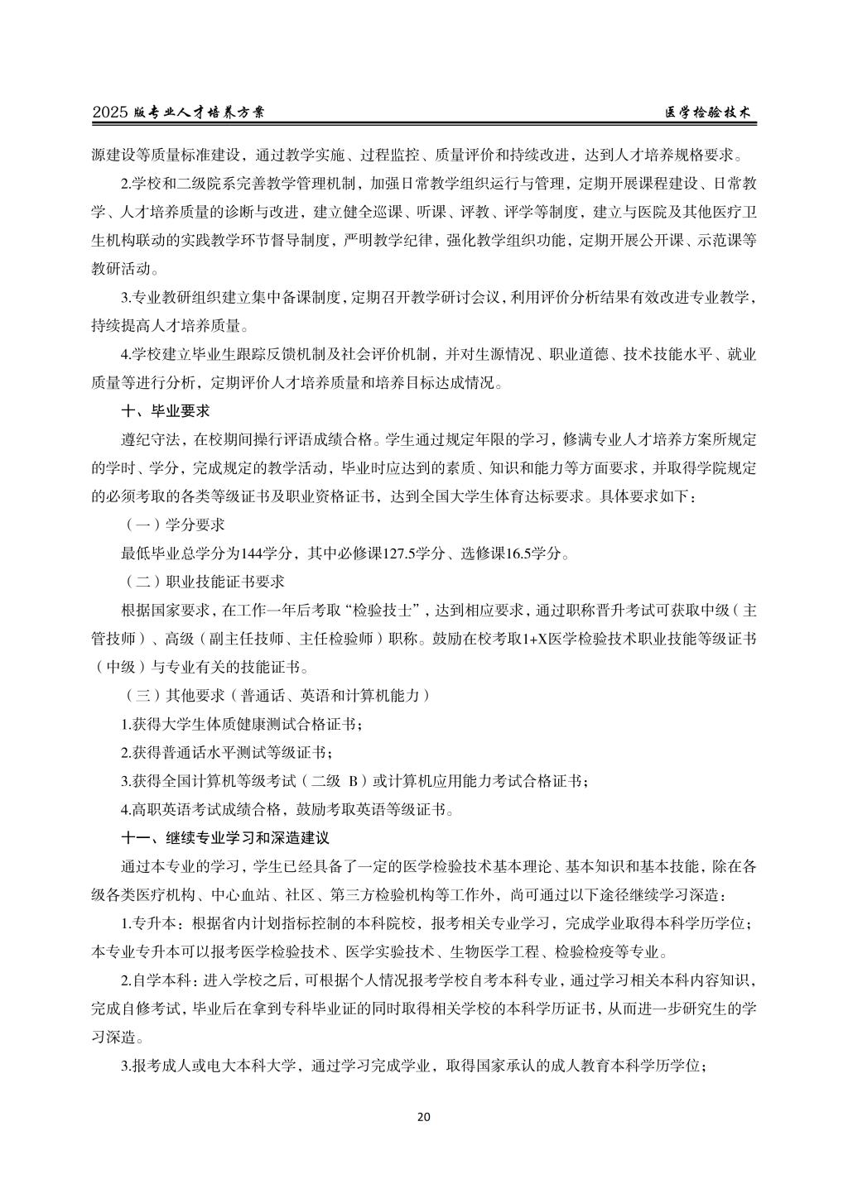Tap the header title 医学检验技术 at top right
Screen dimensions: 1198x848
click(710, 113)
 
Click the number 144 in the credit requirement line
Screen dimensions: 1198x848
click(253, 553)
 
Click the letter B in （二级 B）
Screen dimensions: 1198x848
click(352, 780)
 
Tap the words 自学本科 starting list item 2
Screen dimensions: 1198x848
click(163, 980)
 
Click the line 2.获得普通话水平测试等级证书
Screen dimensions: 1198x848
click(229, 752)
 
